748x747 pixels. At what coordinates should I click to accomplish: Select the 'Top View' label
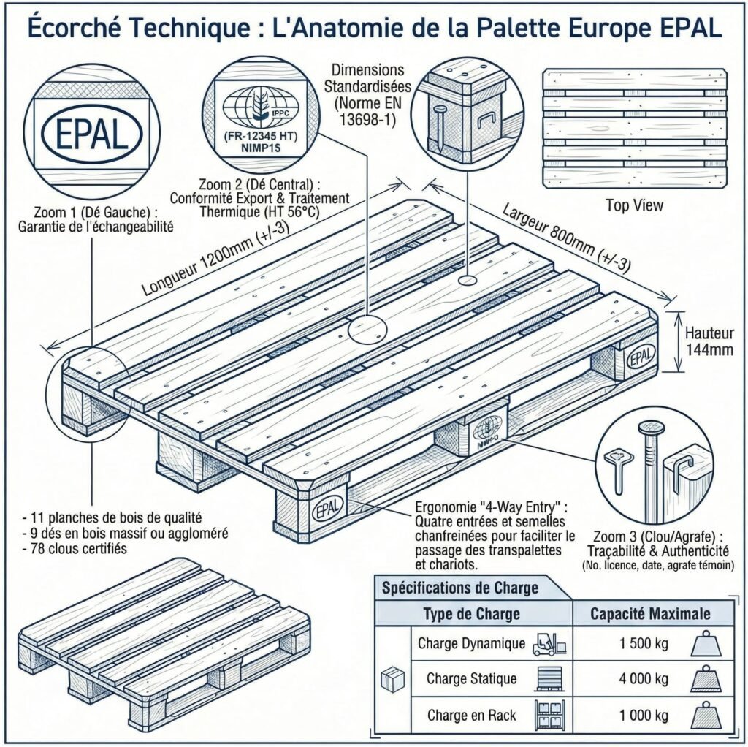pos(634,205)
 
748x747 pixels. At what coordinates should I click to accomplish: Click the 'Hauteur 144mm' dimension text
pos(709,340)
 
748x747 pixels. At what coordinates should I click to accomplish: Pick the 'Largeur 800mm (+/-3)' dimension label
pos(565,236)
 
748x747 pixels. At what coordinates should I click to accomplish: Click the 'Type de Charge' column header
pos(472,613)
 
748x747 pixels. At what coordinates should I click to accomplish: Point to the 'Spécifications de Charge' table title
pos(460,587)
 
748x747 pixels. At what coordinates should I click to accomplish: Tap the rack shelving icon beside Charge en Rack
pos(549,714)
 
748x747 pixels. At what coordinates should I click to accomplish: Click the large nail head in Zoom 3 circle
pos(648,428)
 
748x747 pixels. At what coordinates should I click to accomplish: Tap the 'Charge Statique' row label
pos(471,679)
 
